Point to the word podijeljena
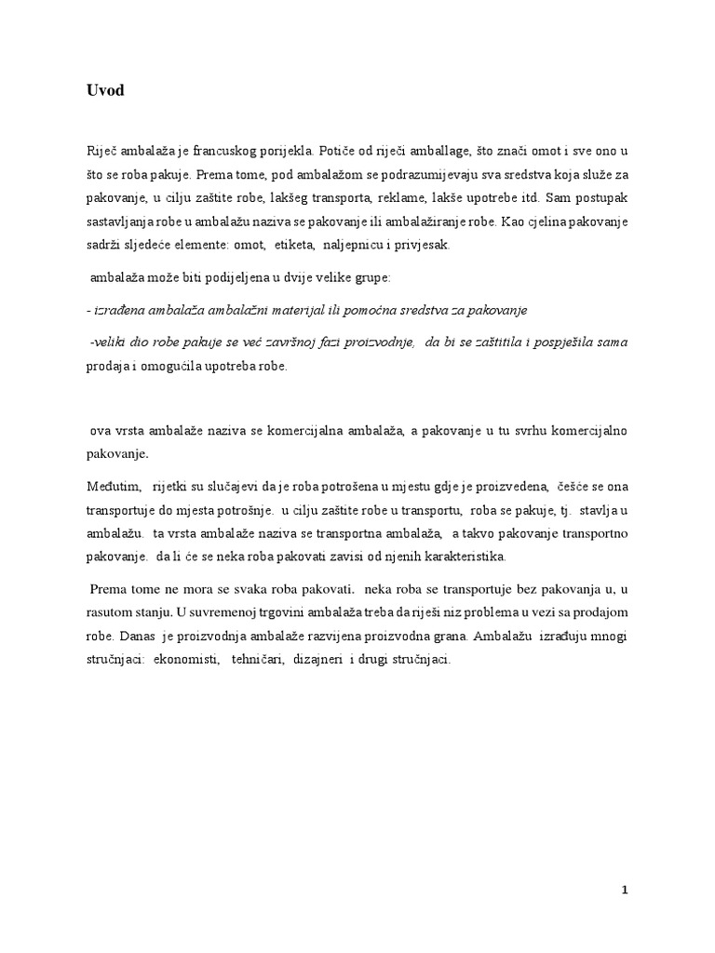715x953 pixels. pos(227,277)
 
